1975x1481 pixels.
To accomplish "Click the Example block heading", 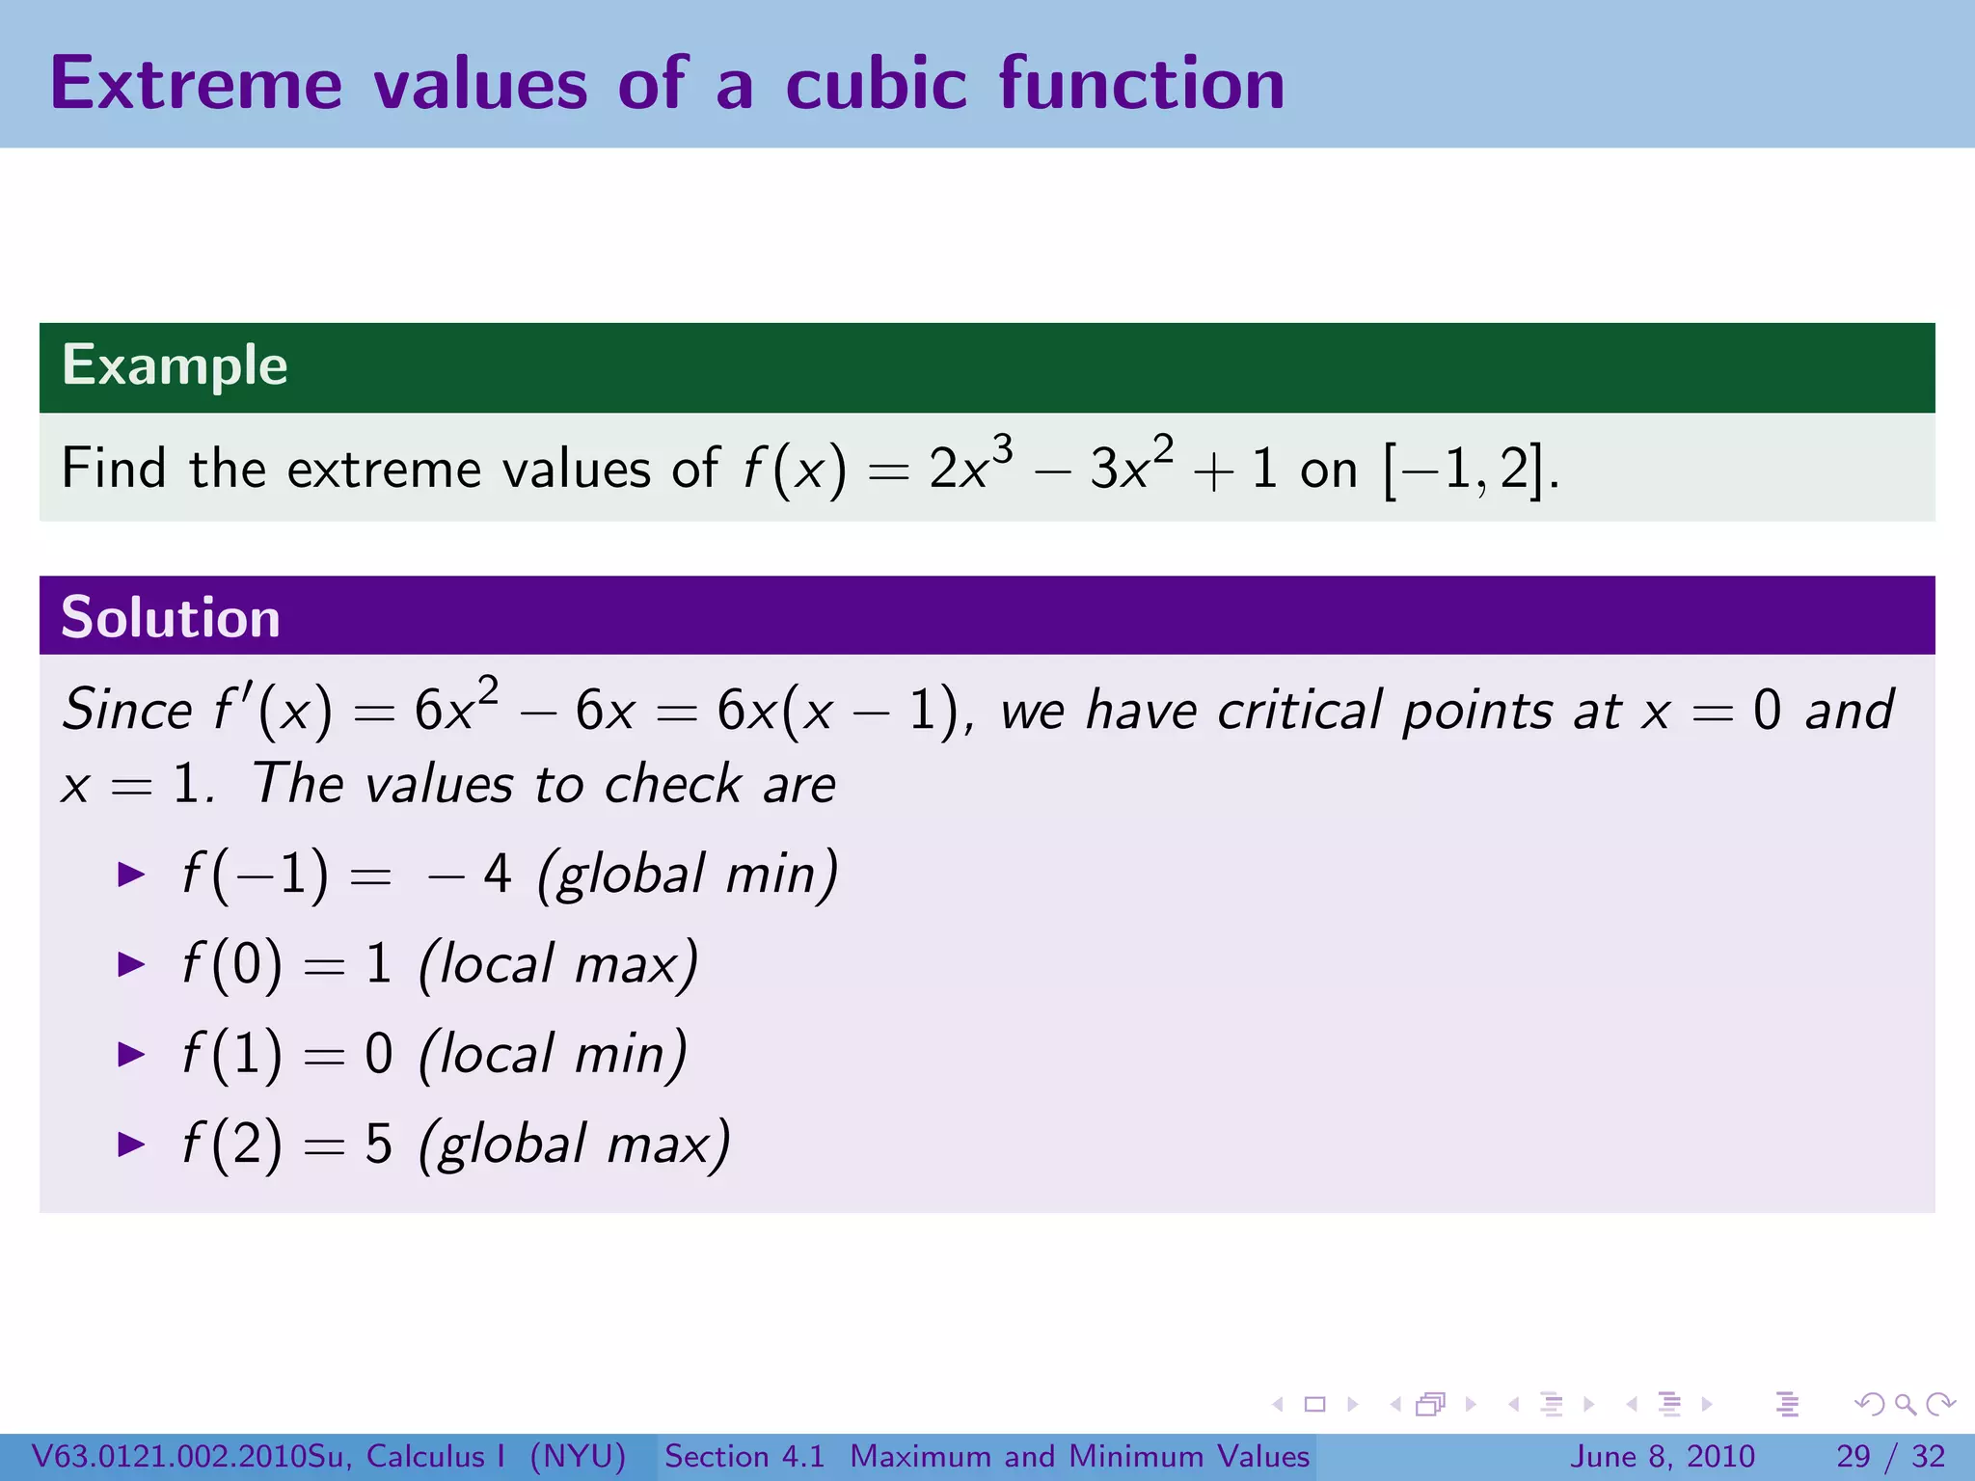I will pyautogui.click(x=175, y=365).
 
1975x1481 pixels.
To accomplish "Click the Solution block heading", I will pyautogui.click(x=170, y=617).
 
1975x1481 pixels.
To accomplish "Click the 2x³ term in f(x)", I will pyautogui.click(x=970, y=468).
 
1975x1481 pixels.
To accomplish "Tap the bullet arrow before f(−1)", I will pyautogui.click(x=130, y=875).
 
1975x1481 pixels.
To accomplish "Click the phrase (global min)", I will pyautogui.click(x=687, y=875).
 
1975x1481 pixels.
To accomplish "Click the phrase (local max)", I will pyautogui.click(x=557, y=964).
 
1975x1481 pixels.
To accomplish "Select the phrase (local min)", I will pyautogui.click(x=553, y=1054).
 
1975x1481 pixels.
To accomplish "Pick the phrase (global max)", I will pyautogui.click(x=574, y=1144).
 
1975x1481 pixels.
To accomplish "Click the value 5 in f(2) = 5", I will pyautogui.click(x=378, y=1144).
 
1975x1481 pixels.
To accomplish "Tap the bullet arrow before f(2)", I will pyautogui.click(x=130, y=1144).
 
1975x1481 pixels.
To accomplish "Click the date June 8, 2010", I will pyautogui.click(x=1663, y=1456).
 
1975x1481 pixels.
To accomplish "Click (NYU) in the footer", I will pyautogui.click(x=578, y=1456).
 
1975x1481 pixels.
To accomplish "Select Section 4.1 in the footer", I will pyautogui.click(x=744, y=1456).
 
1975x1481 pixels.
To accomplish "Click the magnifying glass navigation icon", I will pyautogui.click(x=1905, y=1405).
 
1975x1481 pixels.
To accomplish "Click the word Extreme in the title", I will pyautogui.click(x=196, y=84).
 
